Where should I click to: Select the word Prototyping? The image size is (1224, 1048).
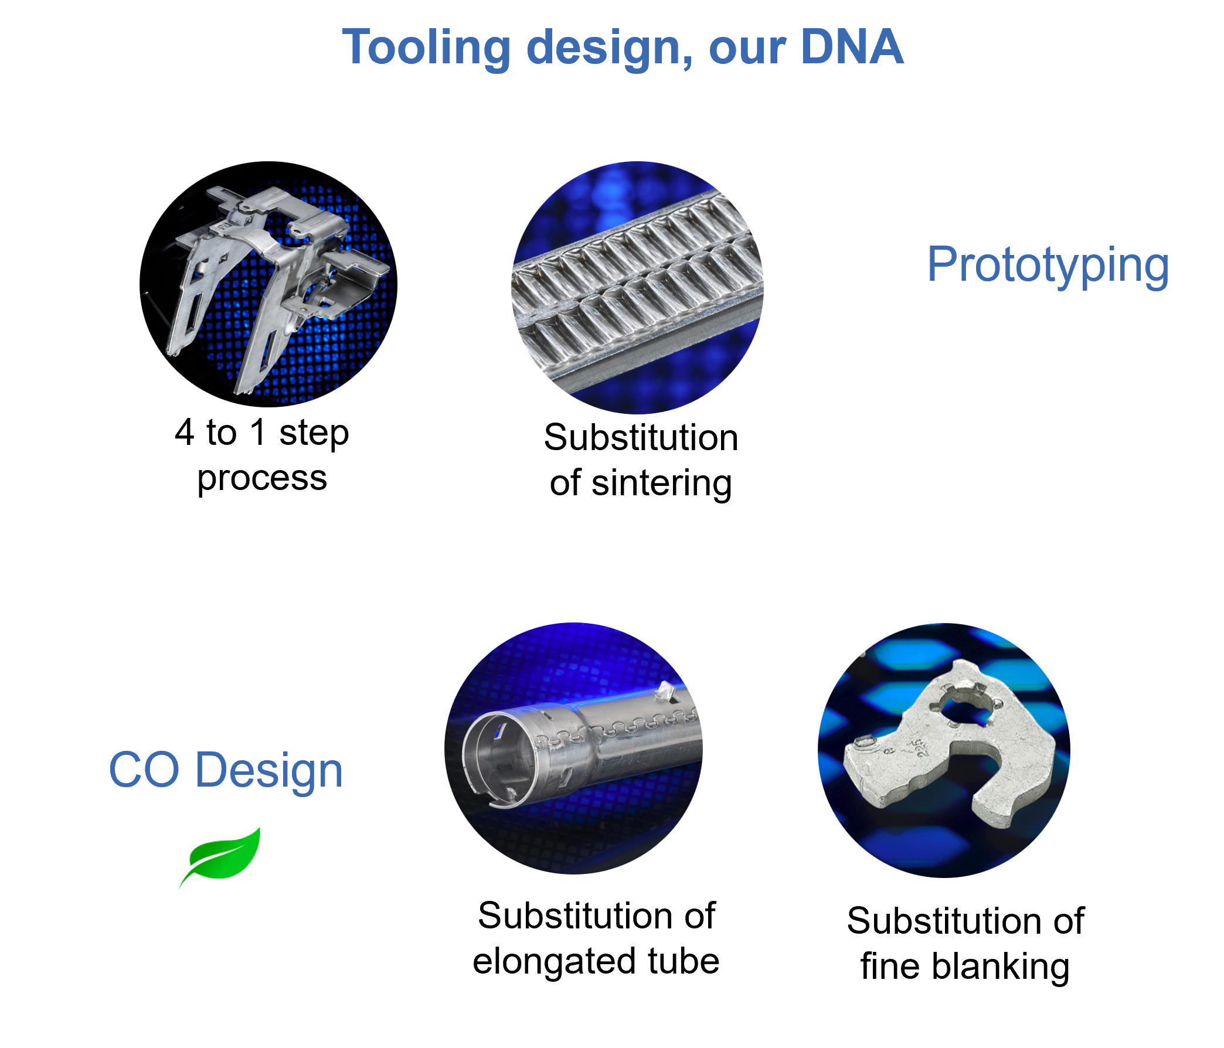coord(1048,266)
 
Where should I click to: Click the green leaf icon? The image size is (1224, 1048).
coord(220,856)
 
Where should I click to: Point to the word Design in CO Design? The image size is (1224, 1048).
coord(269,771)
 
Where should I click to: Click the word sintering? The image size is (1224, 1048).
coord(662,484)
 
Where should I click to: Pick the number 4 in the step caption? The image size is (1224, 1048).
coord(184,433)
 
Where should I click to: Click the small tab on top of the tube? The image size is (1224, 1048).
coord(666,689)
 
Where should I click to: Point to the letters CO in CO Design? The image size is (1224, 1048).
coord(144,771)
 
